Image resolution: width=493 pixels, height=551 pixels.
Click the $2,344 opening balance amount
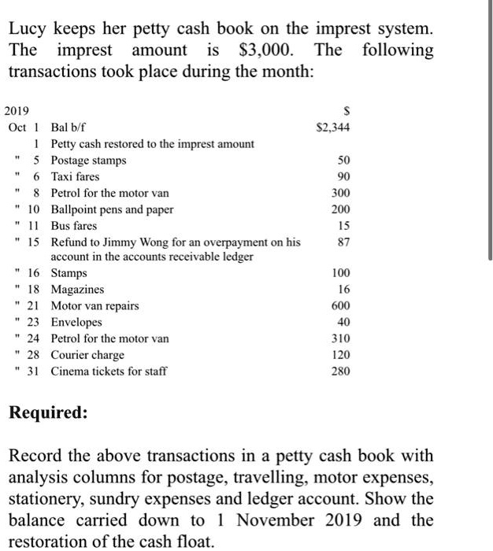[332, 128]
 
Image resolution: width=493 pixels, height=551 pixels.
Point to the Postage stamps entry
[88, 161]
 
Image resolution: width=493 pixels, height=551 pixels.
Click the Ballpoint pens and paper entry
[112, 209]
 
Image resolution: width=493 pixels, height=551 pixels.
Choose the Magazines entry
[77, 290]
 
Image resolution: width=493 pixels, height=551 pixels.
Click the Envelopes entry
[76, 322]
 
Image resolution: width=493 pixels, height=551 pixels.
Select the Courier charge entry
[87, 355]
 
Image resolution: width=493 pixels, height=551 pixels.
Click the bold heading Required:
[48, 412]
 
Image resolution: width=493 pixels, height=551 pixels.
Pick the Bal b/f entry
[68, 128]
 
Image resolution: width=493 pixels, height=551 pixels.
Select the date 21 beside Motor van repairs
[33, 306]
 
